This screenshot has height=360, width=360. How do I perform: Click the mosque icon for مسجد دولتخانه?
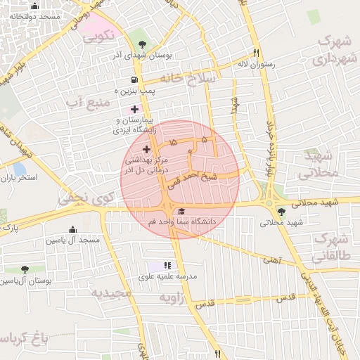[x=34, y=6]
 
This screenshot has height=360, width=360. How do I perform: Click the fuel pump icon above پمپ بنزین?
[x=134, y=80]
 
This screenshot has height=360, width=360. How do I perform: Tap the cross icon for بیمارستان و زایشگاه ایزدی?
[x=134, y=109]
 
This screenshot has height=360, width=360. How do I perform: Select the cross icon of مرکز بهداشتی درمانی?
[x=146, y=149]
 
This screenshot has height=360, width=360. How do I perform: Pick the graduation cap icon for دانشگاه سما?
[x=181, y=212]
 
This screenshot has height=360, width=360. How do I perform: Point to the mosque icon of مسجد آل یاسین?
[x=72, y=230]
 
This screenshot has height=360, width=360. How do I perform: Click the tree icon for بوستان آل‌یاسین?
[x=25, y=269]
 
